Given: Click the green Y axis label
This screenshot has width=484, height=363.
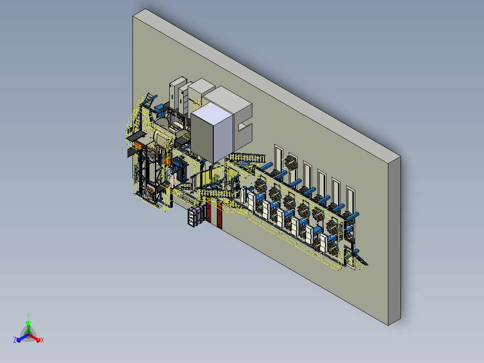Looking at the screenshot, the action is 28,316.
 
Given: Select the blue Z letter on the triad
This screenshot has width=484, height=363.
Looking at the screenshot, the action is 14,340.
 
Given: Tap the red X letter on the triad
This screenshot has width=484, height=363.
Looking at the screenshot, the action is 42,340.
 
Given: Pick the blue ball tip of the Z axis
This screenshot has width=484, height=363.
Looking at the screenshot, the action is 18,340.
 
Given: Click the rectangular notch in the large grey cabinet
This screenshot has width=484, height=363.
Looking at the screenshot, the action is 245,127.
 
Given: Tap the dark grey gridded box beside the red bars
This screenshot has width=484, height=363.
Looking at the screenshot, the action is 195,216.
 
